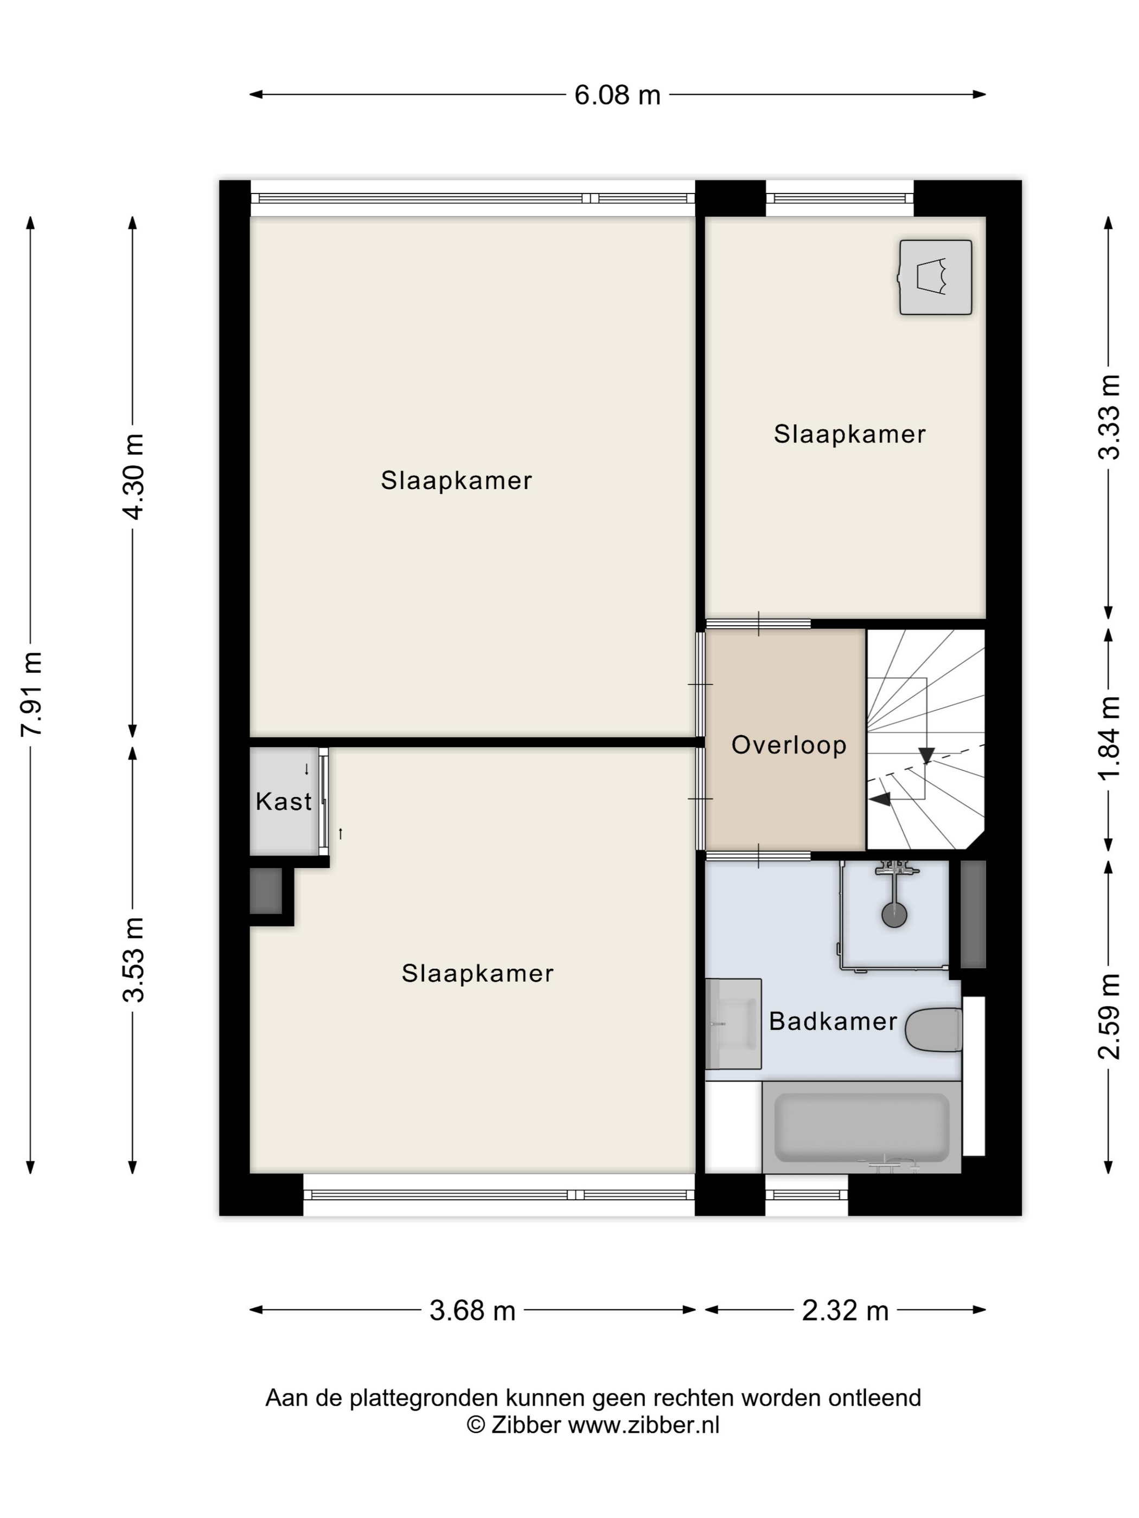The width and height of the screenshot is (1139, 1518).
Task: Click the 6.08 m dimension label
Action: [x=617, y=95]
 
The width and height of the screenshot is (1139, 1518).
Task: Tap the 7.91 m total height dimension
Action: [x=32, y=693]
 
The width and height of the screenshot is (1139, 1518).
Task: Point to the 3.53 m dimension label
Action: [x=133, y=960]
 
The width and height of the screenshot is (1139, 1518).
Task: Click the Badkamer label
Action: [x=833, y=1021]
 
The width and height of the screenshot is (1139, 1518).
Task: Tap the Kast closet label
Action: [x=284, y=801]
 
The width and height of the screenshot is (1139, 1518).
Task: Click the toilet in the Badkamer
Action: [x=934, y=1030]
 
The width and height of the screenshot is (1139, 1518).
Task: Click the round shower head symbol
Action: [x=894, y=915]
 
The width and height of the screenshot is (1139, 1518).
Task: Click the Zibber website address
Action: [x=643, y=1425]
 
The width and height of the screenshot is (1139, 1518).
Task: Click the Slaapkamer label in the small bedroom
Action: [x=849, y=434]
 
